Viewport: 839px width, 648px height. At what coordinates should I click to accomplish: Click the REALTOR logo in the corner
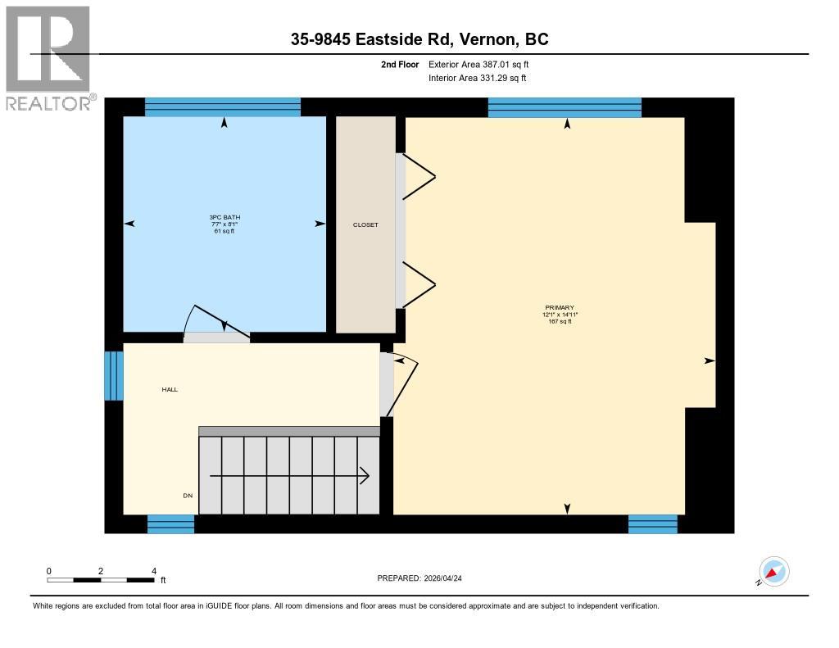click(x=49, y=57)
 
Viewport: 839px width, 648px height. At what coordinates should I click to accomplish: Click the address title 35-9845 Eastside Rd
click(x=419, y=39)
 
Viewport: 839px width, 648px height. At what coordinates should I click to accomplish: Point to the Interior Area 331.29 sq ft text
click(x=477, y=78)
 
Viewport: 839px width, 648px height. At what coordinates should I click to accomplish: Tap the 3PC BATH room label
click(x=225, y=224)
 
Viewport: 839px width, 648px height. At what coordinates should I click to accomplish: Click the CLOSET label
click(x=365, y=224)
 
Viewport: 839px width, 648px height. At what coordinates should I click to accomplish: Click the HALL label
click(x=170, y=389)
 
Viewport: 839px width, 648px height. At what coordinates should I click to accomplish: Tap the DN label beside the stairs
click(x=188, y=496)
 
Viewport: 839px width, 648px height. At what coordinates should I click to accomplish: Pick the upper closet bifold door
click(x=417, y=176)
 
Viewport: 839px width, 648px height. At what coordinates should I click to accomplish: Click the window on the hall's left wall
click(x=114, y=376)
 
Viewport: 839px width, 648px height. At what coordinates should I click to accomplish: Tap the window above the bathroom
click(x=223, y=106)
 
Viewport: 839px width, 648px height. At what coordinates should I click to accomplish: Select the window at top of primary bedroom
click(x=565, y=107)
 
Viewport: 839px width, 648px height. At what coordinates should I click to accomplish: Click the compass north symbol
click(x=773, y=571)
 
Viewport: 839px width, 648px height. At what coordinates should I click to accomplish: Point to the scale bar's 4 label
click(x=153, y=571)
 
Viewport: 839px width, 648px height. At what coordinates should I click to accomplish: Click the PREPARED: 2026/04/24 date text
click(x=425, y=578)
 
